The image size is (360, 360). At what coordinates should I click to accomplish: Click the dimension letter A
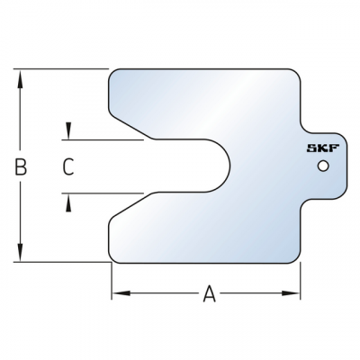point(209,293)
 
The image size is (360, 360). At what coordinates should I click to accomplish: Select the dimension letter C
point(67,166)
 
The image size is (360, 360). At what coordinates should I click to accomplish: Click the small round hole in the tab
point(322,166)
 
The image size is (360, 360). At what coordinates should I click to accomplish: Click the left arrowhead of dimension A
point(117,293)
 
